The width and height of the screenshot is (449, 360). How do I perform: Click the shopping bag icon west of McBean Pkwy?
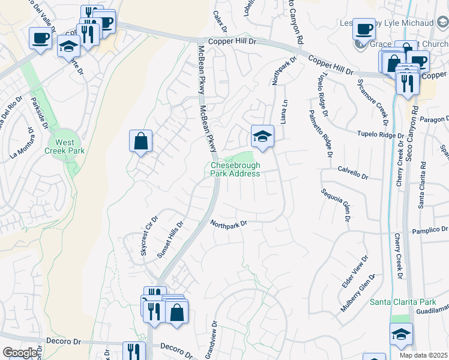(140, 142)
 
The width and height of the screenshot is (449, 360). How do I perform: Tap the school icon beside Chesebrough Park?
(262, 137)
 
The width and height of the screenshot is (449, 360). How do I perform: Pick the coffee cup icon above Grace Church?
(364, 29)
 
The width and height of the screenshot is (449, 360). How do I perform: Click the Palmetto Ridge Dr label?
(319, 134)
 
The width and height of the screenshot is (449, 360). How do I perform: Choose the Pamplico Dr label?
(430, 230)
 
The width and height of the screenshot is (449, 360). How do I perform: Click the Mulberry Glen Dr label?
(363, 292)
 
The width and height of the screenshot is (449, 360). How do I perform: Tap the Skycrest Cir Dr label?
(148, 235)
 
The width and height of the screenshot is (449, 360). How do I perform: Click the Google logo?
(20, 353)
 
